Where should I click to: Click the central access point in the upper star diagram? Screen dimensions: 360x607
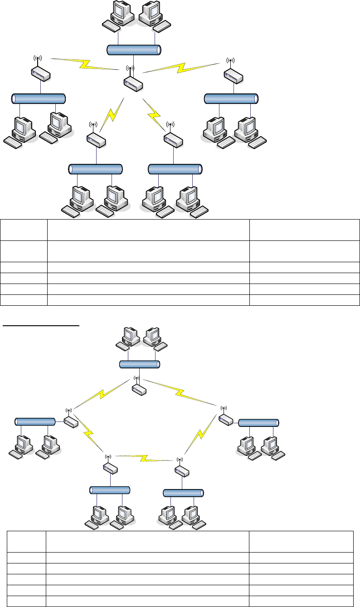pyautogui.click(x=133, y=82)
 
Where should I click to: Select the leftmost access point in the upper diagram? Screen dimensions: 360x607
pyautogui.click(x=40, y=73)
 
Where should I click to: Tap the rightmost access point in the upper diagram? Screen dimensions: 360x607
pyautogui.click(x=233, y=75)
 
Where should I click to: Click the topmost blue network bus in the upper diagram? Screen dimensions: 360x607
pyautogui.click(x=134, y=50)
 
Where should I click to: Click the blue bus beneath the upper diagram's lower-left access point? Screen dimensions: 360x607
pyautogui.click(x=96, y=169)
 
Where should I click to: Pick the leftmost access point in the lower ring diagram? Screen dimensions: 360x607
pyautogui.click(x=70, y=421)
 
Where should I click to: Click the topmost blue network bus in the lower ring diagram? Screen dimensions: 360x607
pyautogui.click(x=140, y=364)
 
